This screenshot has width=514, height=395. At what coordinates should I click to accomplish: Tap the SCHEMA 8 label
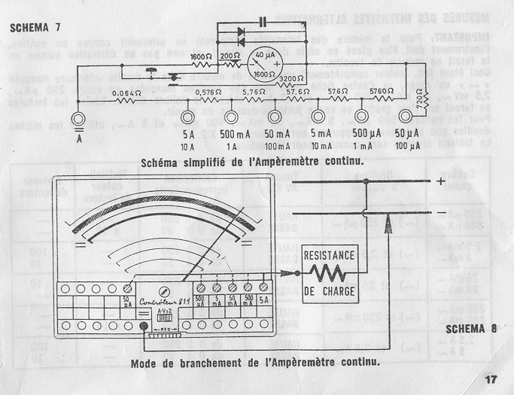[471, 328]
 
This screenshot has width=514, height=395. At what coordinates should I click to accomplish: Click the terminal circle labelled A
[78, 117]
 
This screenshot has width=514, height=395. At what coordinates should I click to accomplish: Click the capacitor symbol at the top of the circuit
[262, 19]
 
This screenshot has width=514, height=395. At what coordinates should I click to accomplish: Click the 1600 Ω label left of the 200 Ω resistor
[200, 56]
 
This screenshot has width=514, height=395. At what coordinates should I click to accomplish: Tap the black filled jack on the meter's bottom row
[144, 326]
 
